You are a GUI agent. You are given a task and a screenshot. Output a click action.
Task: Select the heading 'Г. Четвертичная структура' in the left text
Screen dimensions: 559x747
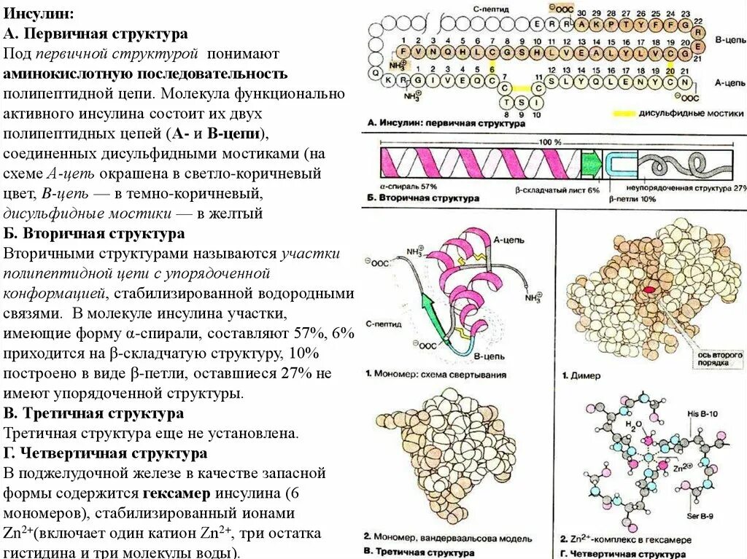105,453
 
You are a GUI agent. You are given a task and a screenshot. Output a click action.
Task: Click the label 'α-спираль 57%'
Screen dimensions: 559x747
408,187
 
